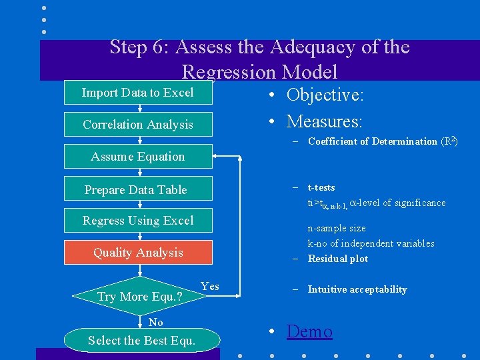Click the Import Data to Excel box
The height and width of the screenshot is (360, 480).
(138, 93)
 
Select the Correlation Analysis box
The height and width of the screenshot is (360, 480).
(138, 125)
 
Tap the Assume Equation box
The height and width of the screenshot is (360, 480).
(138, 157)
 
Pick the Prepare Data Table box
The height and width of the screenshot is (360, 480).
(138, 189)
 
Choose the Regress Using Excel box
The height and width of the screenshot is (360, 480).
(138, 221)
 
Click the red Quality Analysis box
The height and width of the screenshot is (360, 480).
(138, 253)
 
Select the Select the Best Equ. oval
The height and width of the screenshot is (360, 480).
(142, 341)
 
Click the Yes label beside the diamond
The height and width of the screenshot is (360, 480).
(209, 287)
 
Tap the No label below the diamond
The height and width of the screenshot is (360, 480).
(156, 323)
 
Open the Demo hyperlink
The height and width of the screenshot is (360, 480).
(309, 331)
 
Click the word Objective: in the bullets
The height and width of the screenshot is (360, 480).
(325, 95)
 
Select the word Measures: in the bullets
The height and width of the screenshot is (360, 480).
(324, 121)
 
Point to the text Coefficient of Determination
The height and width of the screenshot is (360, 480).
(372, 141)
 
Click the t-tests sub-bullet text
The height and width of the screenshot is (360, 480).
(321, 187)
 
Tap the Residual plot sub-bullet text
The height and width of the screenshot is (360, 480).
(337, 259)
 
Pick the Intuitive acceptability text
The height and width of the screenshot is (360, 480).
(357, 289)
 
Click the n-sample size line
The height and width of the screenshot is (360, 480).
(337, 228)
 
